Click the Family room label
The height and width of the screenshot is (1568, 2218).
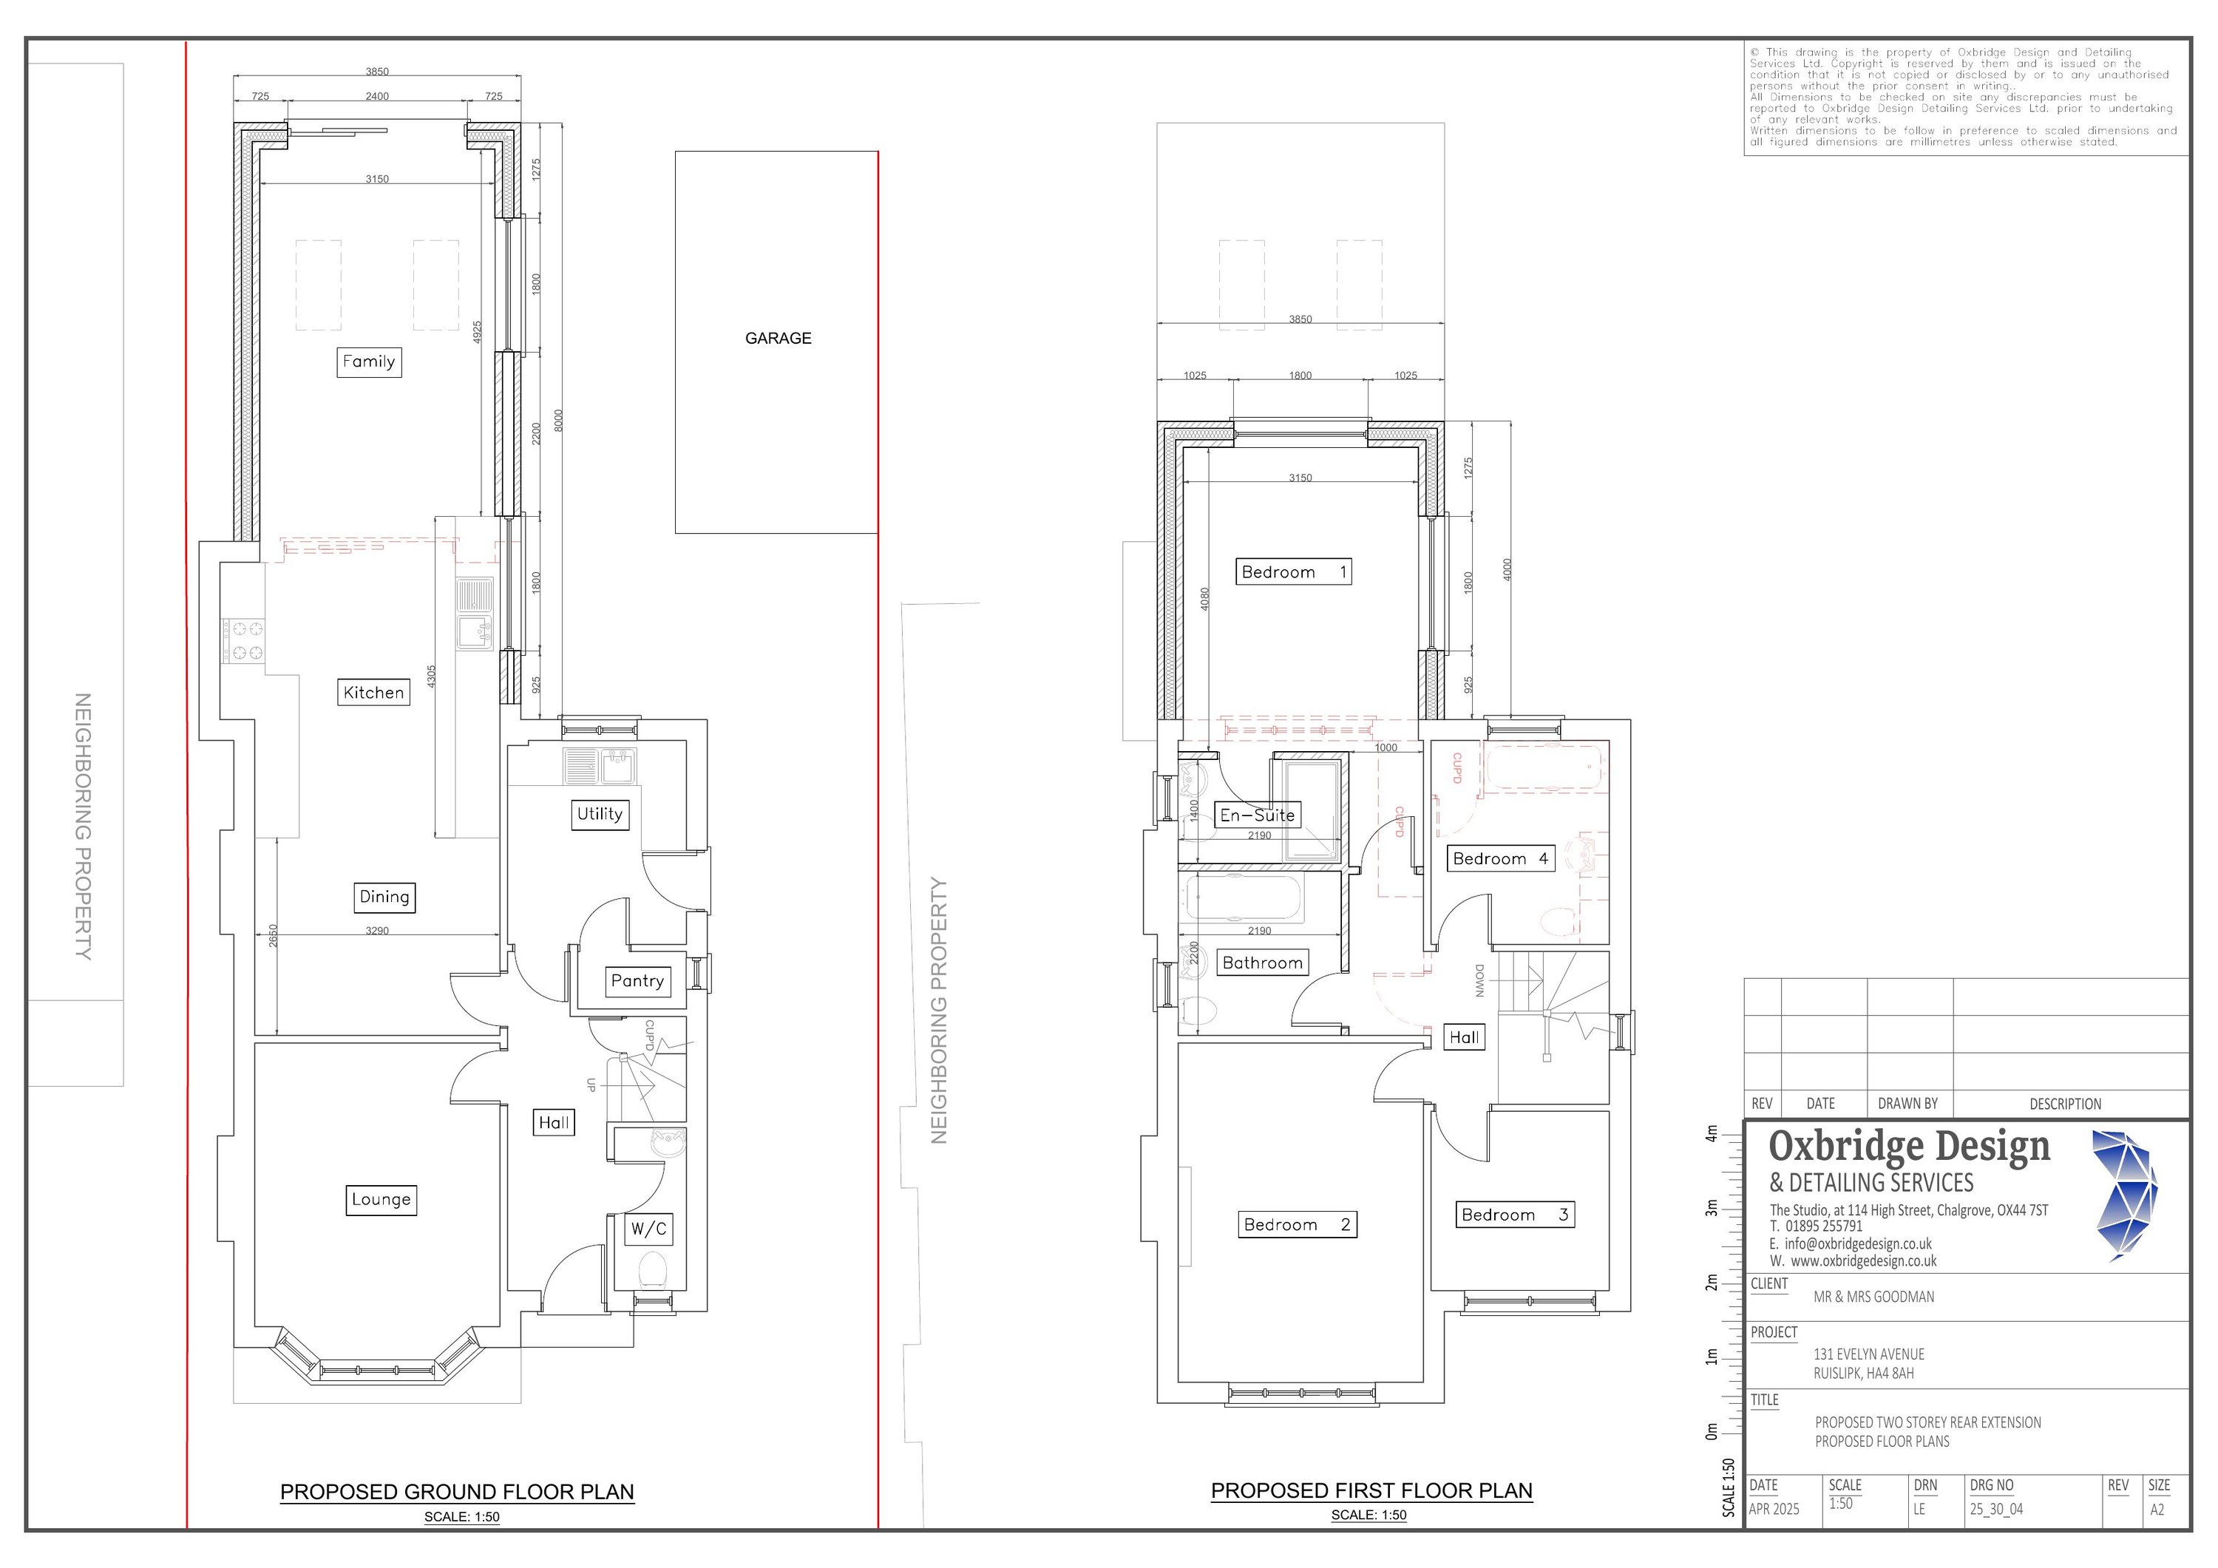(x=369, y=362)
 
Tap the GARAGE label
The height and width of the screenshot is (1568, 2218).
(x=778, y=338)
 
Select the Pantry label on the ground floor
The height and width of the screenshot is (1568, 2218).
(x=637, y=980)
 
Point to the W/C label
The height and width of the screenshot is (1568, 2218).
(x=648, y=1229)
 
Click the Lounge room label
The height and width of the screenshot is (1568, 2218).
(x=381, y=1200)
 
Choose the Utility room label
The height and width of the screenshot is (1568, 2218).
(x=600, y=815)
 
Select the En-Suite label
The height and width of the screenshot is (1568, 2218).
(x=1258, y=815)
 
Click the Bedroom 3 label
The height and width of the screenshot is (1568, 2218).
(x=1515, y=1215)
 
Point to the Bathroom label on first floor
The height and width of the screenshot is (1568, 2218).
(x=1263, y=963)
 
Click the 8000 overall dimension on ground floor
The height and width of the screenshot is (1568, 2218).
(x=558, y=420)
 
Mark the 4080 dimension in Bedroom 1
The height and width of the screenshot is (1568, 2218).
(x=1204, y=599)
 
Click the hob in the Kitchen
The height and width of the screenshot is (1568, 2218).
(x=243, y=640)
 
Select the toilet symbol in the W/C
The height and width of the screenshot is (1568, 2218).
(x=654, y=1269)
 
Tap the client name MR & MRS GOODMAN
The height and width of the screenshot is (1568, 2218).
(x=1873, y=1297)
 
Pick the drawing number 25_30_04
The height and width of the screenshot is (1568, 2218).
(x=1995, y=1509)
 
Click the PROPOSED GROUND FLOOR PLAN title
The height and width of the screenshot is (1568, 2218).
(x=457, y=1492)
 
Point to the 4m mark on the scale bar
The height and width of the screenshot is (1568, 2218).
(x=1712, y=1133)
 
